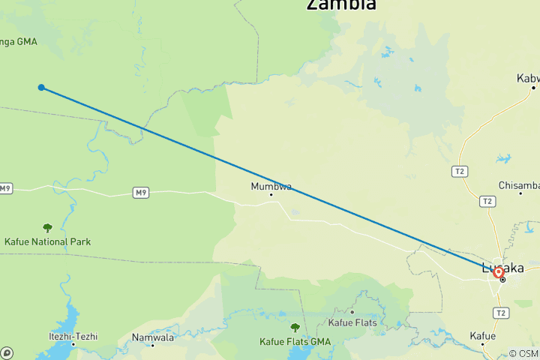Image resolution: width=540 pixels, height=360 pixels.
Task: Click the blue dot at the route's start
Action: pos(41,88)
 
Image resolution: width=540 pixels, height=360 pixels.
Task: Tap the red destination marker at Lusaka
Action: pos(498,272)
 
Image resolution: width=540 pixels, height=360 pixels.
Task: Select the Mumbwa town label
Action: pos(271,186)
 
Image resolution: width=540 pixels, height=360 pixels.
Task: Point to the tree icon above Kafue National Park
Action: pos(48,228)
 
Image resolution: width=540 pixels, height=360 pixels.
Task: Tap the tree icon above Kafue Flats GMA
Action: pos(295,327)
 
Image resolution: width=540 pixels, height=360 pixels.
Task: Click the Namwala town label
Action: pos(153,337)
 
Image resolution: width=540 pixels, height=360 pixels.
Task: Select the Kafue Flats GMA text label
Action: pos(295,341)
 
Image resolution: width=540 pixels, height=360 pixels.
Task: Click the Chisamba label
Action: pos(520,185)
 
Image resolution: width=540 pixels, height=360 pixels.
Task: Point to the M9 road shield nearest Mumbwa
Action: pos(140,193)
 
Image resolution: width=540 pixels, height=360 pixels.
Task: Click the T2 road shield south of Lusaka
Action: pos(501,313)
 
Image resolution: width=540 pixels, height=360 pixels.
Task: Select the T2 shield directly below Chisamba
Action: pos(487,201)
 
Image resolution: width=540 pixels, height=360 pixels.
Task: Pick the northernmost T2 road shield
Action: pos(460,172)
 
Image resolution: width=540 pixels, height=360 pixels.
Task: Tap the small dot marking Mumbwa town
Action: pos(271,194)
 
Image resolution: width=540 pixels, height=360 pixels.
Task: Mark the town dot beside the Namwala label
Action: pos(153,345)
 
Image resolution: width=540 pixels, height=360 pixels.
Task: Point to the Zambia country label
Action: pos(341,4)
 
